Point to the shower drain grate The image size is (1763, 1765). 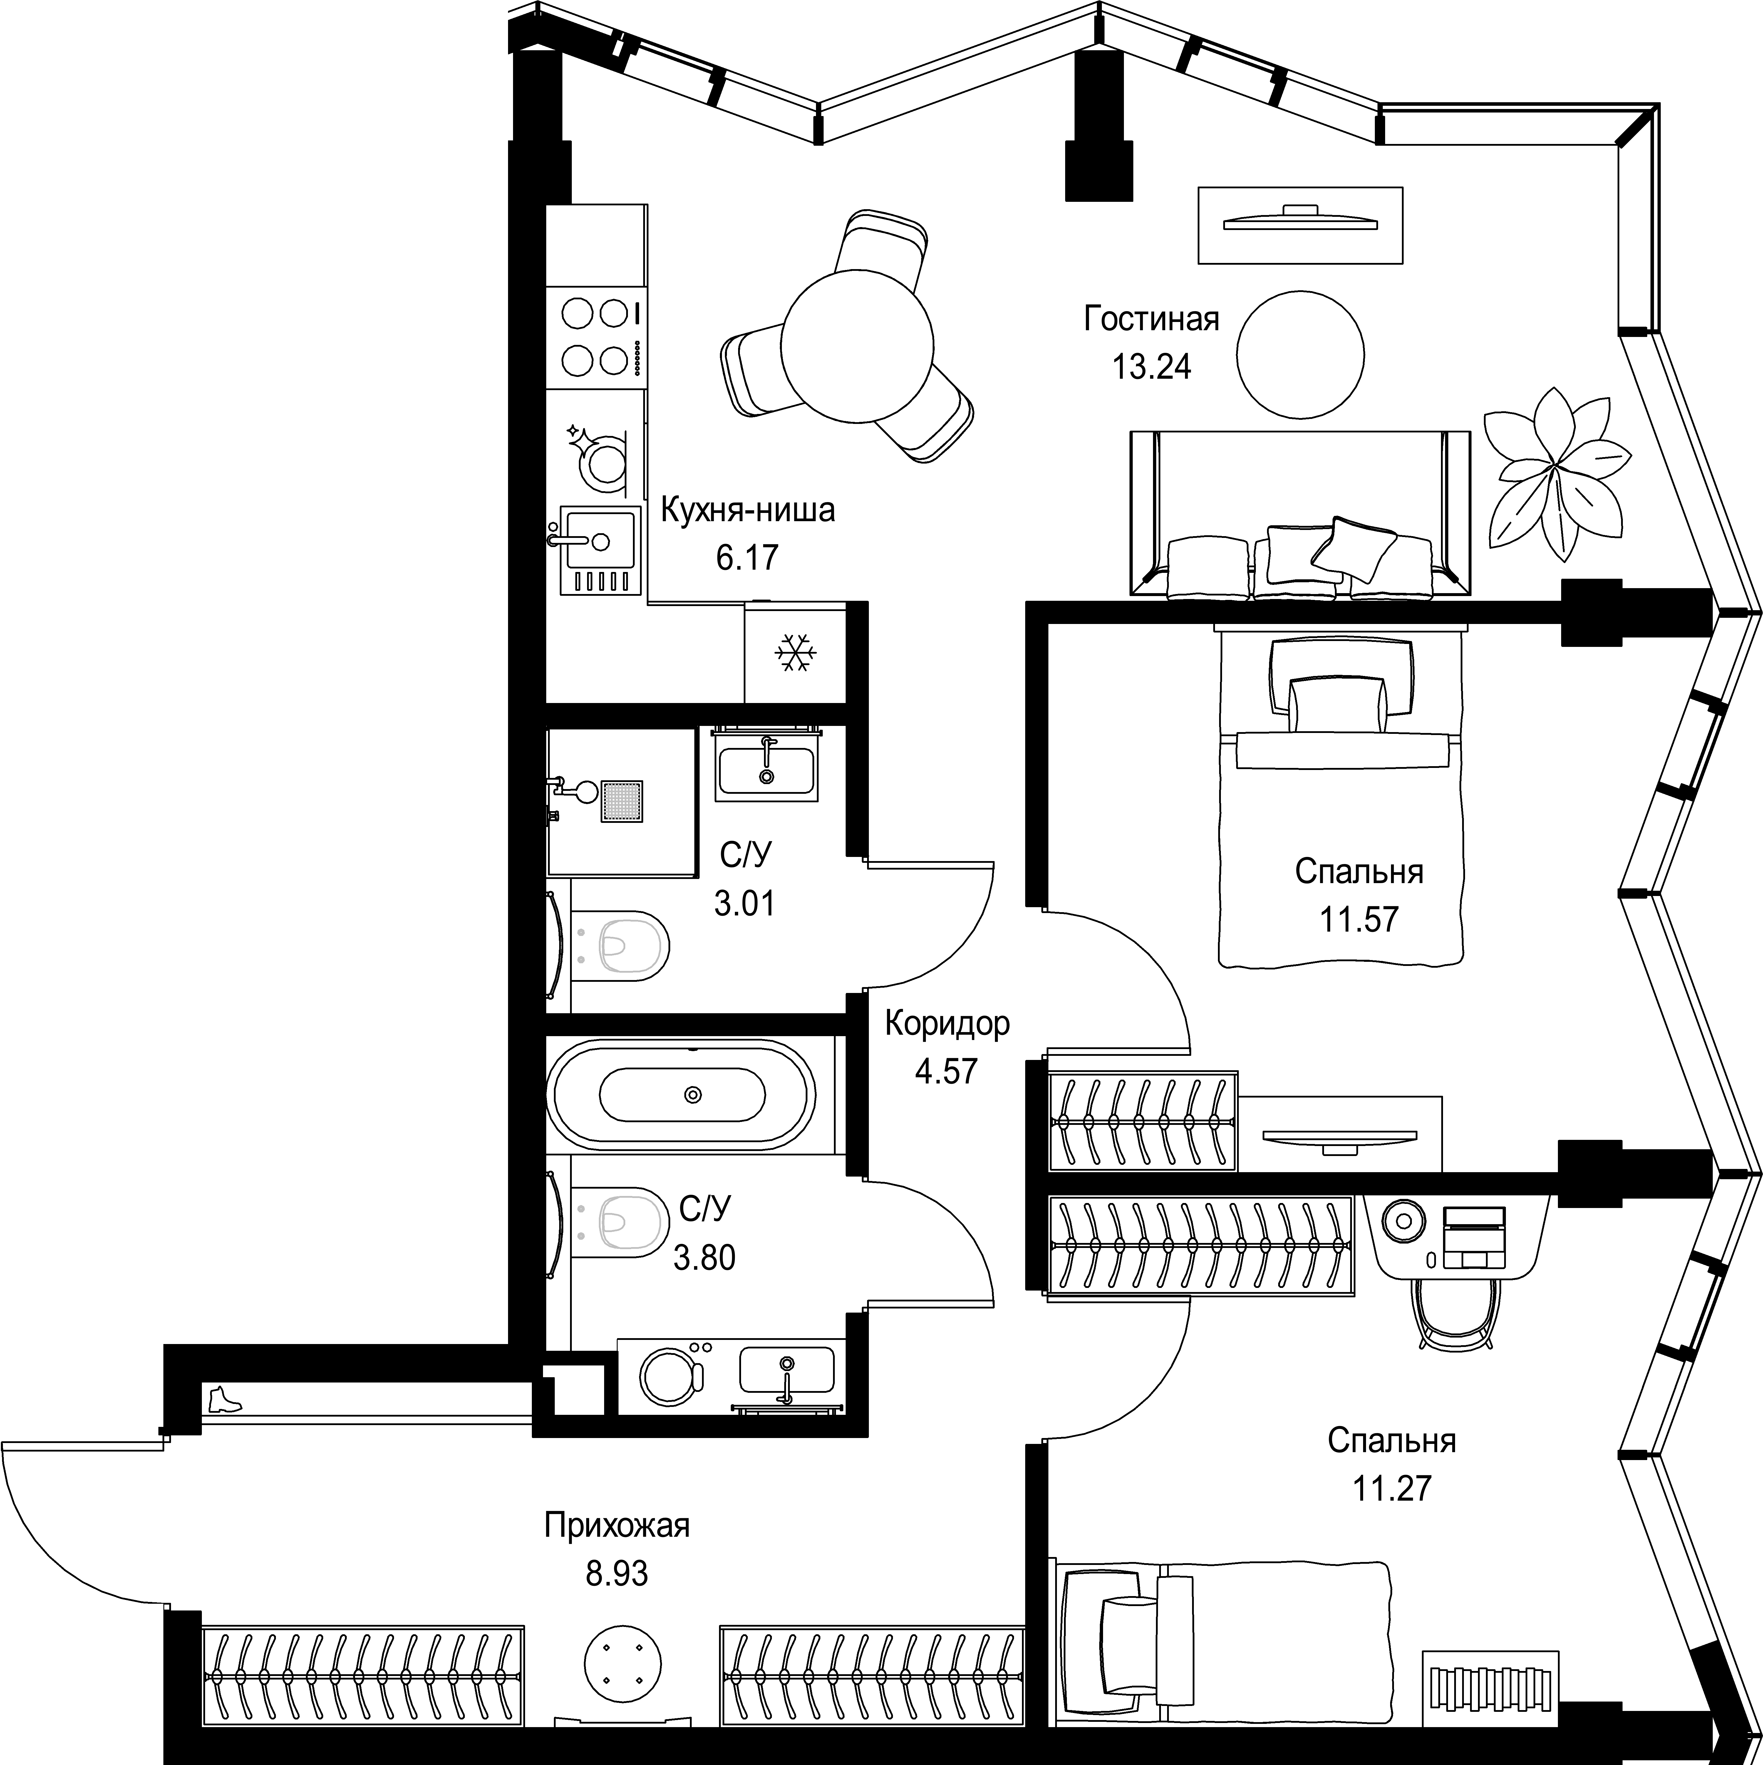point(621,801)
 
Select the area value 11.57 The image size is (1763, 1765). point(1358,918)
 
